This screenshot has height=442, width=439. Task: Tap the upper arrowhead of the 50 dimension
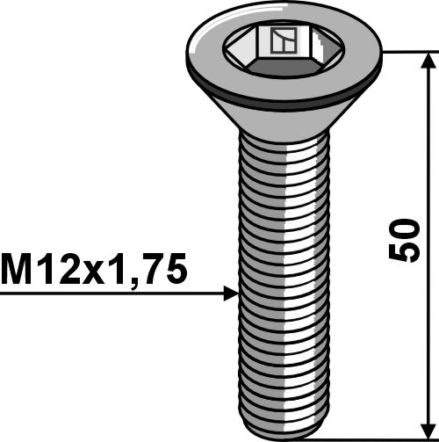click(428, 62)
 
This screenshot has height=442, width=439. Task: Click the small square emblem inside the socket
click(283, 41)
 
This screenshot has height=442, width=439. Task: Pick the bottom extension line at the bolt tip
click(386, 434)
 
